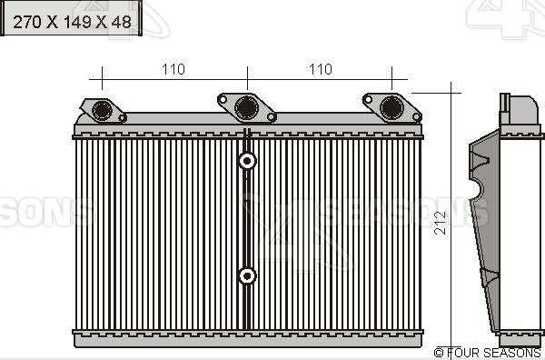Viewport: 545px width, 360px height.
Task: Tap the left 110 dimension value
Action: [x=173, y=69]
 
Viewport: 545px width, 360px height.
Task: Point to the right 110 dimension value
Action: [x=320, y=69]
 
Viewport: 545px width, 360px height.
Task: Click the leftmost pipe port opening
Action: [x=101, y=110]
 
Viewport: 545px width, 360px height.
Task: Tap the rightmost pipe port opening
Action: [x=391, y=107]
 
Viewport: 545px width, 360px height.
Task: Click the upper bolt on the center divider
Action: [x=246, y=162]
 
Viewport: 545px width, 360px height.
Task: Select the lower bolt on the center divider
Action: [x=246, y=275]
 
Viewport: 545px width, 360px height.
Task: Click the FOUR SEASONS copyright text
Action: [x=488, y=352]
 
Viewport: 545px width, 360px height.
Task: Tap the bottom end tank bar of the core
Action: [x=247, y=338]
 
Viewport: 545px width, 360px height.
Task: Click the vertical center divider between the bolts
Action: [x=246, y=218]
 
